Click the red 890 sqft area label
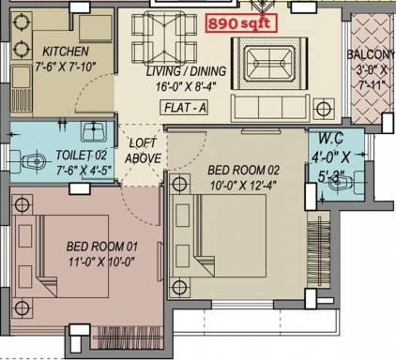point(241,23)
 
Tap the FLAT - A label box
point(185,108)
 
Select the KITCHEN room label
point(66,52)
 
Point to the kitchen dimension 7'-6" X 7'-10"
point(65,67)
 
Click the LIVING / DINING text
point(186,71)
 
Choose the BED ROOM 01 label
point(102,247)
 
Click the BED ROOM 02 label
point(243,171)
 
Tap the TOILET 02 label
point(82,155)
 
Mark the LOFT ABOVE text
point(144,151)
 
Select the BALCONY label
point(370,54)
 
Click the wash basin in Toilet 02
point(93,131)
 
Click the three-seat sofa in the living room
point(270,108)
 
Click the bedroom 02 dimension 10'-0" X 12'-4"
point(243,186)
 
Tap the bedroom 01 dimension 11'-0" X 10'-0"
point(101,262)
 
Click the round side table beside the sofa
point(324,109)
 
